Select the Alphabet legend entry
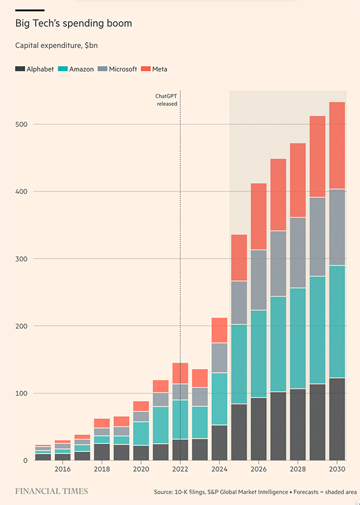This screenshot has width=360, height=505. click(34, 69)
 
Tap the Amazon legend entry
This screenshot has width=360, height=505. click(81, 69)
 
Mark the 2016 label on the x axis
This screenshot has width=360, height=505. click(63, 469)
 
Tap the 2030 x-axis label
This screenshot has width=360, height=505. click(337, 469)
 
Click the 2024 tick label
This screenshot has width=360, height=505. click(219, 469)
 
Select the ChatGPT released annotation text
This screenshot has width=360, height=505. click(166, 100)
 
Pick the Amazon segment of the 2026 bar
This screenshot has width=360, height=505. click(259, 354)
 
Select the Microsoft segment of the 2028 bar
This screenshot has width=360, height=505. click(298, 252)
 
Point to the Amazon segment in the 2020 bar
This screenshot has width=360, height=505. click(141, 434)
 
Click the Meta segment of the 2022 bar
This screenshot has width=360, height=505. click(180, 373)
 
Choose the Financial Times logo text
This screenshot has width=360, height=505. click(51, 491)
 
